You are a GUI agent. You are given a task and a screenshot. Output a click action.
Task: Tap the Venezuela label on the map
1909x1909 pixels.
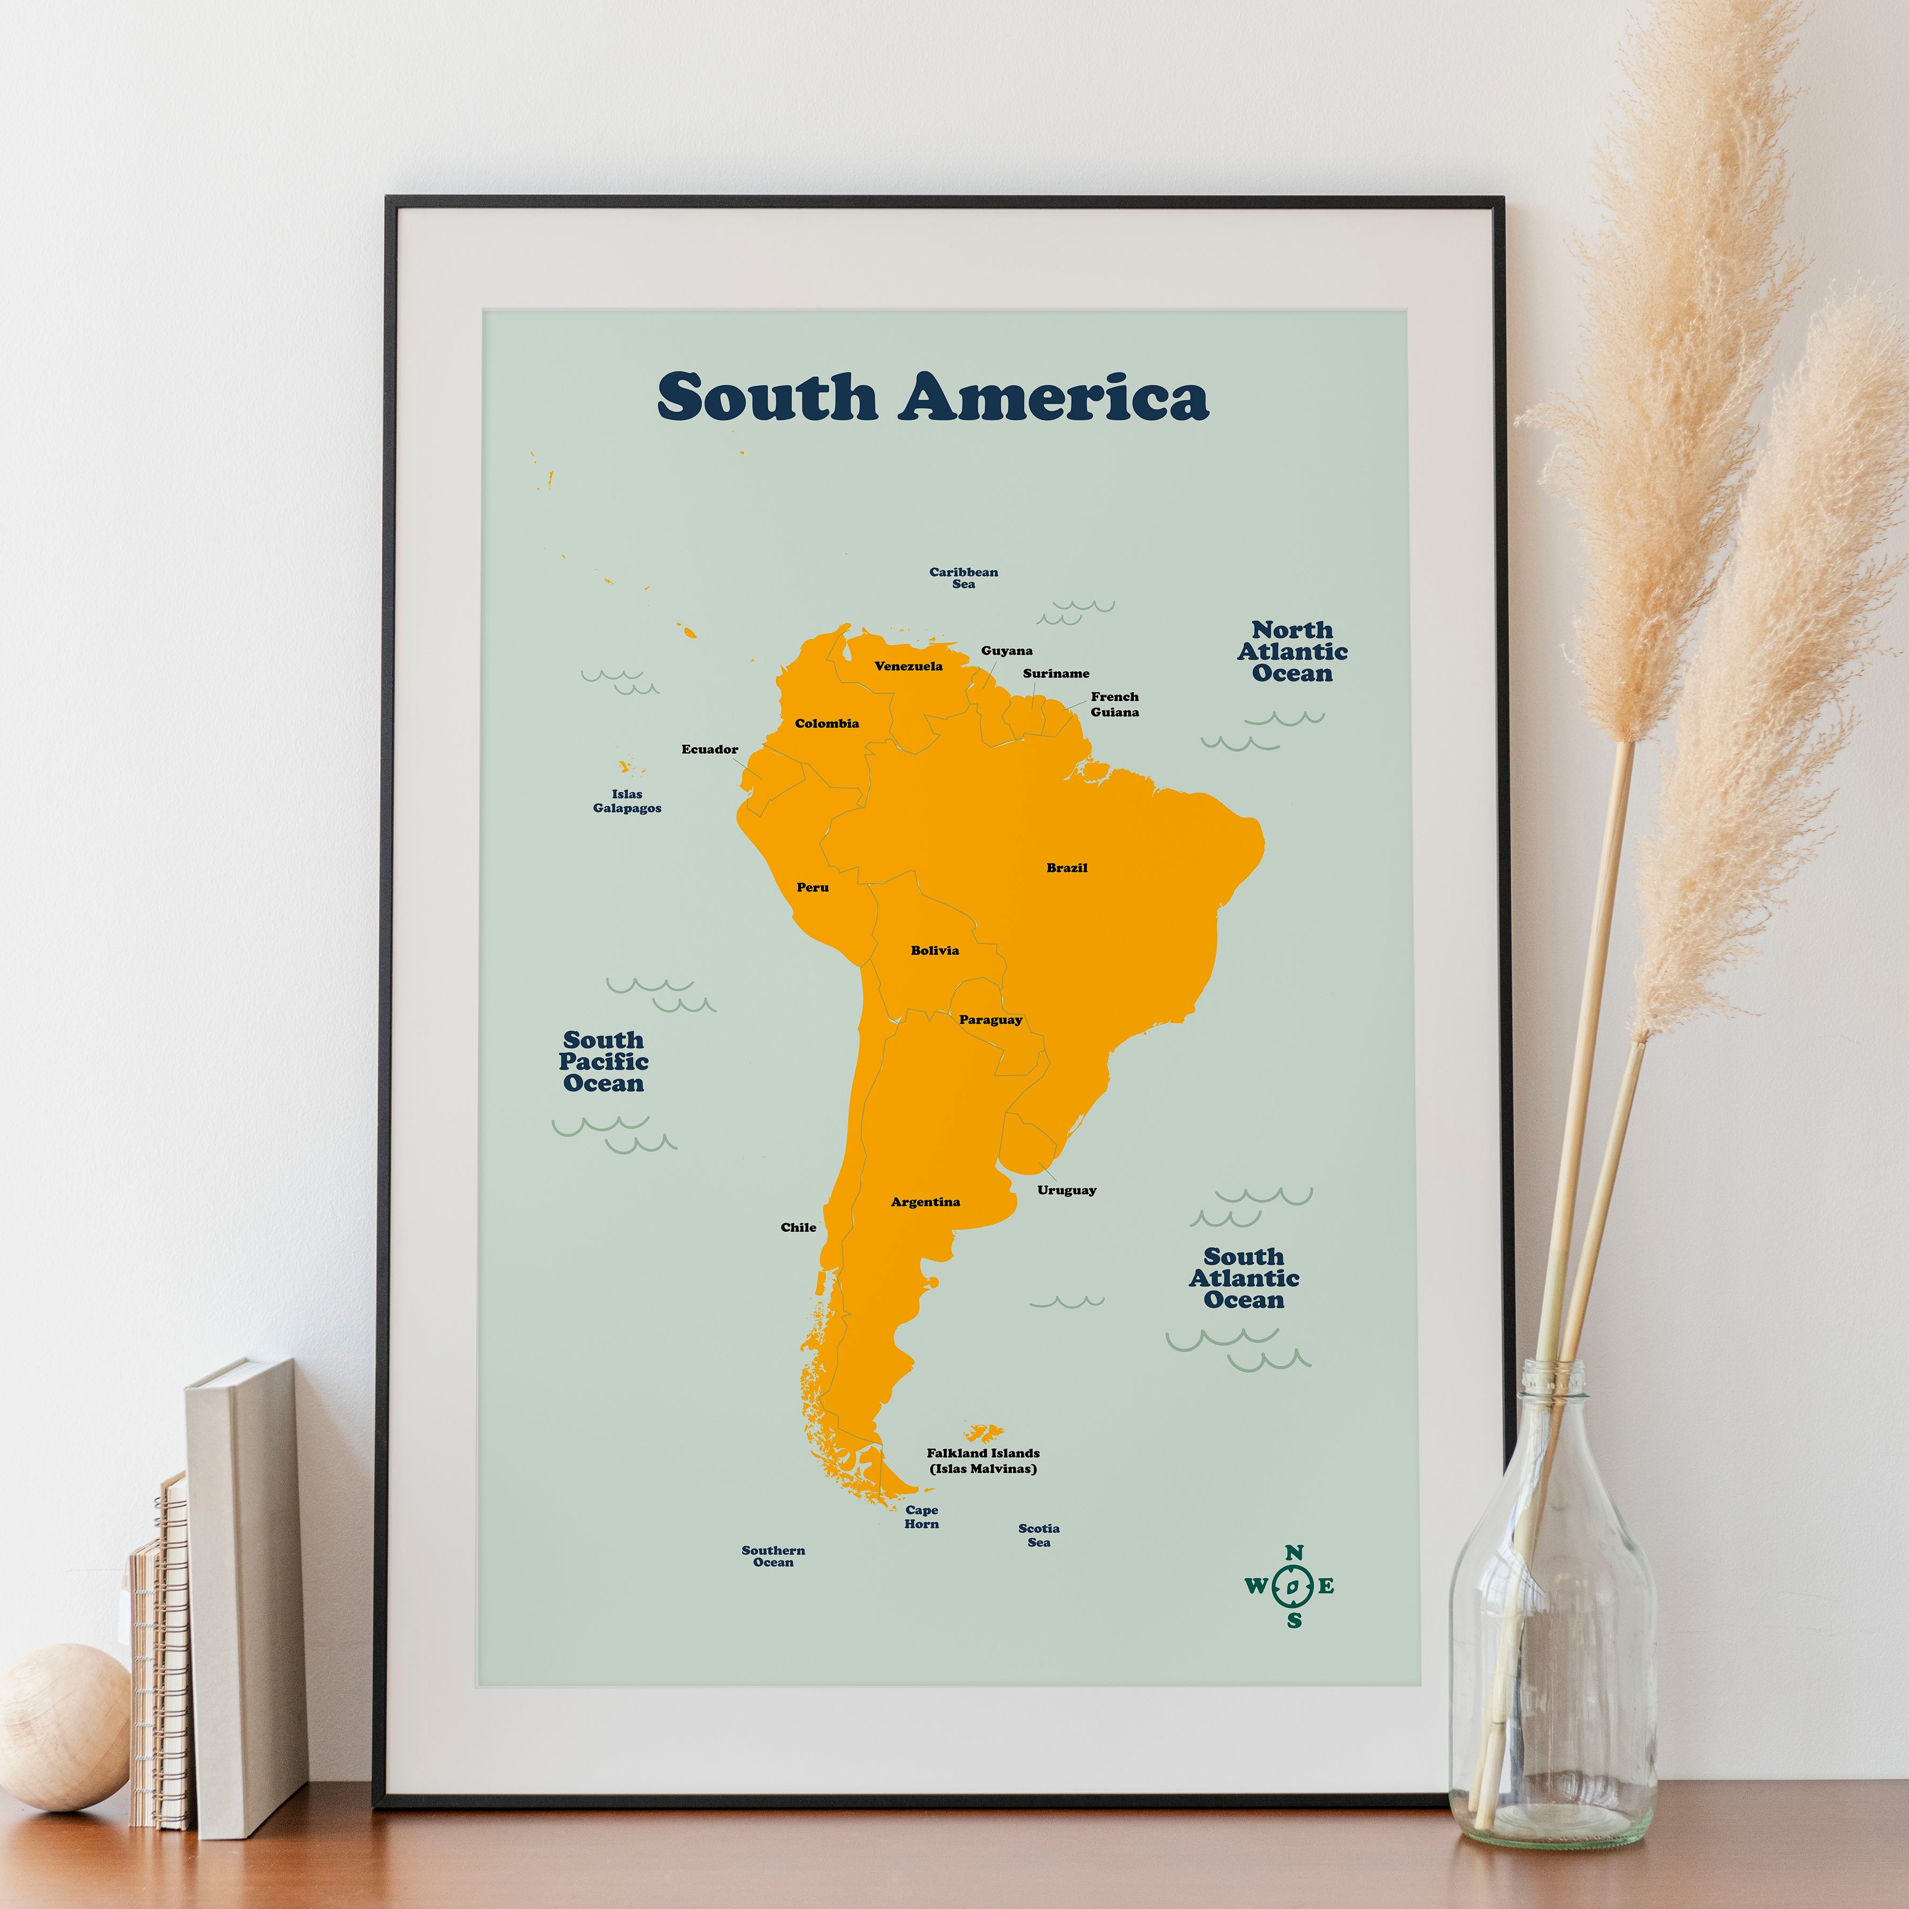click(x=908, y=666)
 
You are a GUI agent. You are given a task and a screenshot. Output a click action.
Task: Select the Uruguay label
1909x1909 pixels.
click(x=1066, y=1189)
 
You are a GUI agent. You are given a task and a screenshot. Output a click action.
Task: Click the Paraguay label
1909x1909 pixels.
click(x=990, y=1019)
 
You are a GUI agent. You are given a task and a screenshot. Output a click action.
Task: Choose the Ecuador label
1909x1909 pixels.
click(x=709, y=749)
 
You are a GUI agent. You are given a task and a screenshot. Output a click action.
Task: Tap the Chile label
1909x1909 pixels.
click(x=798, y=1227)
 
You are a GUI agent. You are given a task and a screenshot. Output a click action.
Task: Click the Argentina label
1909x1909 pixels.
click(x=925, y=1202)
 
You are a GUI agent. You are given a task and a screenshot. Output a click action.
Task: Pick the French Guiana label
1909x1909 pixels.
click(x=1115, y=704)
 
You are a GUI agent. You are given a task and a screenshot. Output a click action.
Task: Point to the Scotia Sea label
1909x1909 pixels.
click(x=1039, y=1534)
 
